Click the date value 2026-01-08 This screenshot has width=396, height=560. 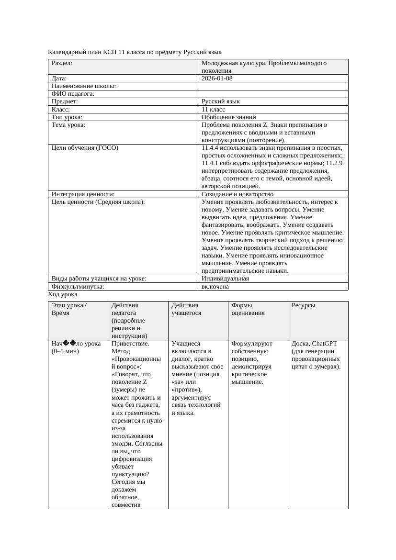coord(217,78)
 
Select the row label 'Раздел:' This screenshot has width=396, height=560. coord(62,63)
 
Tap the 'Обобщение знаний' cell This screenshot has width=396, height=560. coord(228,117)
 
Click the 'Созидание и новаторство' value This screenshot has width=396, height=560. coord(238,194)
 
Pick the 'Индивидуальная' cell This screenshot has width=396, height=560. coord(225,279)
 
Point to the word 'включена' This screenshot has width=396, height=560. coord(215,287)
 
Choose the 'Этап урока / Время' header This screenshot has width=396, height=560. coord(69,309)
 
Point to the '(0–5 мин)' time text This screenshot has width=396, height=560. coord(65,351)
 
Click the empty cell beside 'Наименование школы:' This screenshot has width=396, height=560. coord(273,86)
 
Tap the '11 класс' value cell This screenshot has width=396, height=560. coord(213,110)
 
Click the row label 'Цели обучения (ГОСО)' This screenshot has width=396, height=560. coord(85,148)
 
